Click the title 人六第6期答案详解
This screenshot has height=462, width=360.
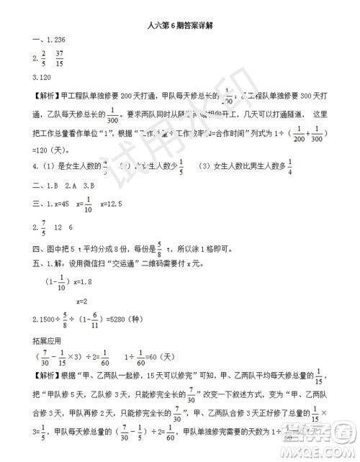pos(180,24)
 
